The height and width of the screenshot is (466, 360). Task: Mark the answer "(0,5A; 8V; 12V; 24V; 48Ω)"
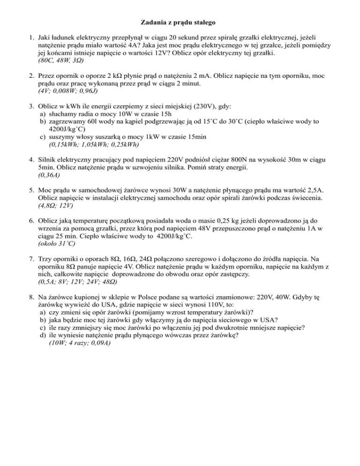85,283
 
